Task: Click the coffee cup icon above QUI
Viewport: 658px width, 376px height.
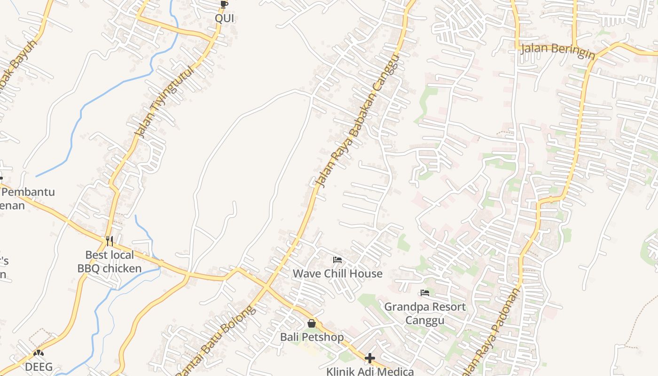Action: coord(224,4)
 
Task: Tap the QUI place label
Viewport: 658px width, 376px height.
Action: coord(224,18)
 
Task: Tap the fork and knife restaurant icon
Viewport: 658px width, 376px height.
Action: coord(110,241)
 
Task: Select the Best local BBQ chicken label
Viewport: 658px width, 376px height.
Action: coord(110,262)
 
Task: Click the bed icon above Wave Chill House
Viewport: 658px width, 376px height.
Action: coord(337,259)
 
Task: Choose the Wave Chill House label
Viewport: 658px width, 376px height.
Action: coord(337,274)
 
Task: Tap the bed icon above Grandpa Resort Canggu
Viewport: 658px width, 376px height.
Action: coord(425,293)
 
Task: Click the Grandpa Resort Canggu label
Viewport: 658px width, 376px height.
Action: coord(425,313)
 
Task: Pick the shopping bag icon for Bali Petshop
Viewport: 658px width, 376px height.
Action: coord(312,323)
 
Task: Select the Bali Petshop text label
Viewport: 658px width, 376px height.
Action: coord(312,337)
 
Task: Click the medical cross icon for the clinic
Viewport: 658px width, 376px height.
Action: coord(370,358)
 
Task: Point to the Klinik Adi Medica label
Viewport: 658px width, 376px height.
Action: coord(370,371)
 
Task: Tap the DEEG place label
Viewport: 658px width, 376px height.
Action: coord(39,367)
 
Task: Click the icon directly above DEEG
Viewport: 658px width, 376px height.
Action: coord(39,352)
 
